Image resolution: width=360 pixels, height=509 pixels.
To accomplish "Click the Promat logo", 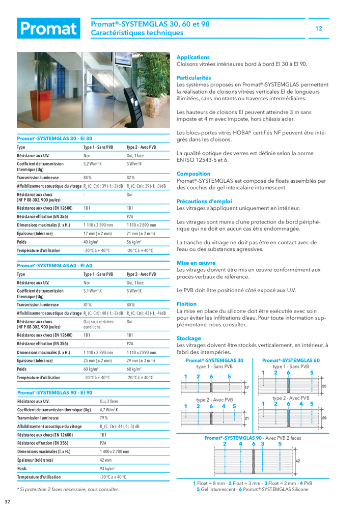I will pos(48,29).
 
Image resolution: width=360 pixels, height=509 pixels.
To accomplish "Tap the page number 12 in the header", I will pos(319,29).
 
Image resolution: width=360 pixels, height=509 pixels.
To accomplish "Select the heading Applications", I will pos(193,58).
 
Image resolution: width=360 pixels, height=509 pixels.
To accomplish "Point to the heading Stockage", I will pos(188,338).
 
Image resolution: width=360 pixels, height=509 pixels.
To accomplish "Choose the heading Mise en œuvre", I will pos(197,263).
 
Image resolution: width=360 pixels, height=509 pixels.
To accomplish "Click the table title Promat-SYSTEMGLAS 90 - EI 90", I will pos(55,392).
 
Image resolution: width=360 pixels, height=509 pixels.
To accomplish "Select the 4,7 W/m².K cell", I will pos(109,409).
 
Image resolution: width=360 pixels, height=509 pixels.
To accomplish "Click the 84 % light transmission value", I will pos(88,178).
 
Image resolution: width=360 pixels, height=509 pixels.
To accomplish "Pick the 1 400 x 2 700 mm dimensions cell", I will pos(115,451).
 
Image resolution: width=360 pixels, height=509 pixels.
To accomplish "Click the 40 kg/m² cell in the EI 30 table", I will pos(91,242).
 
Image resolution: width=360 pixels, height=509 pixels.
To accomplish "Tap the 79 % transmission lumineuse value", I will pos(104,418).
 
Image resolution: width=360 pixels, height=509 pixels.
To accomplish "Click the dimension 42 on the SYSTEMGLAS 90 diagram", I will pos(298,460).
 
